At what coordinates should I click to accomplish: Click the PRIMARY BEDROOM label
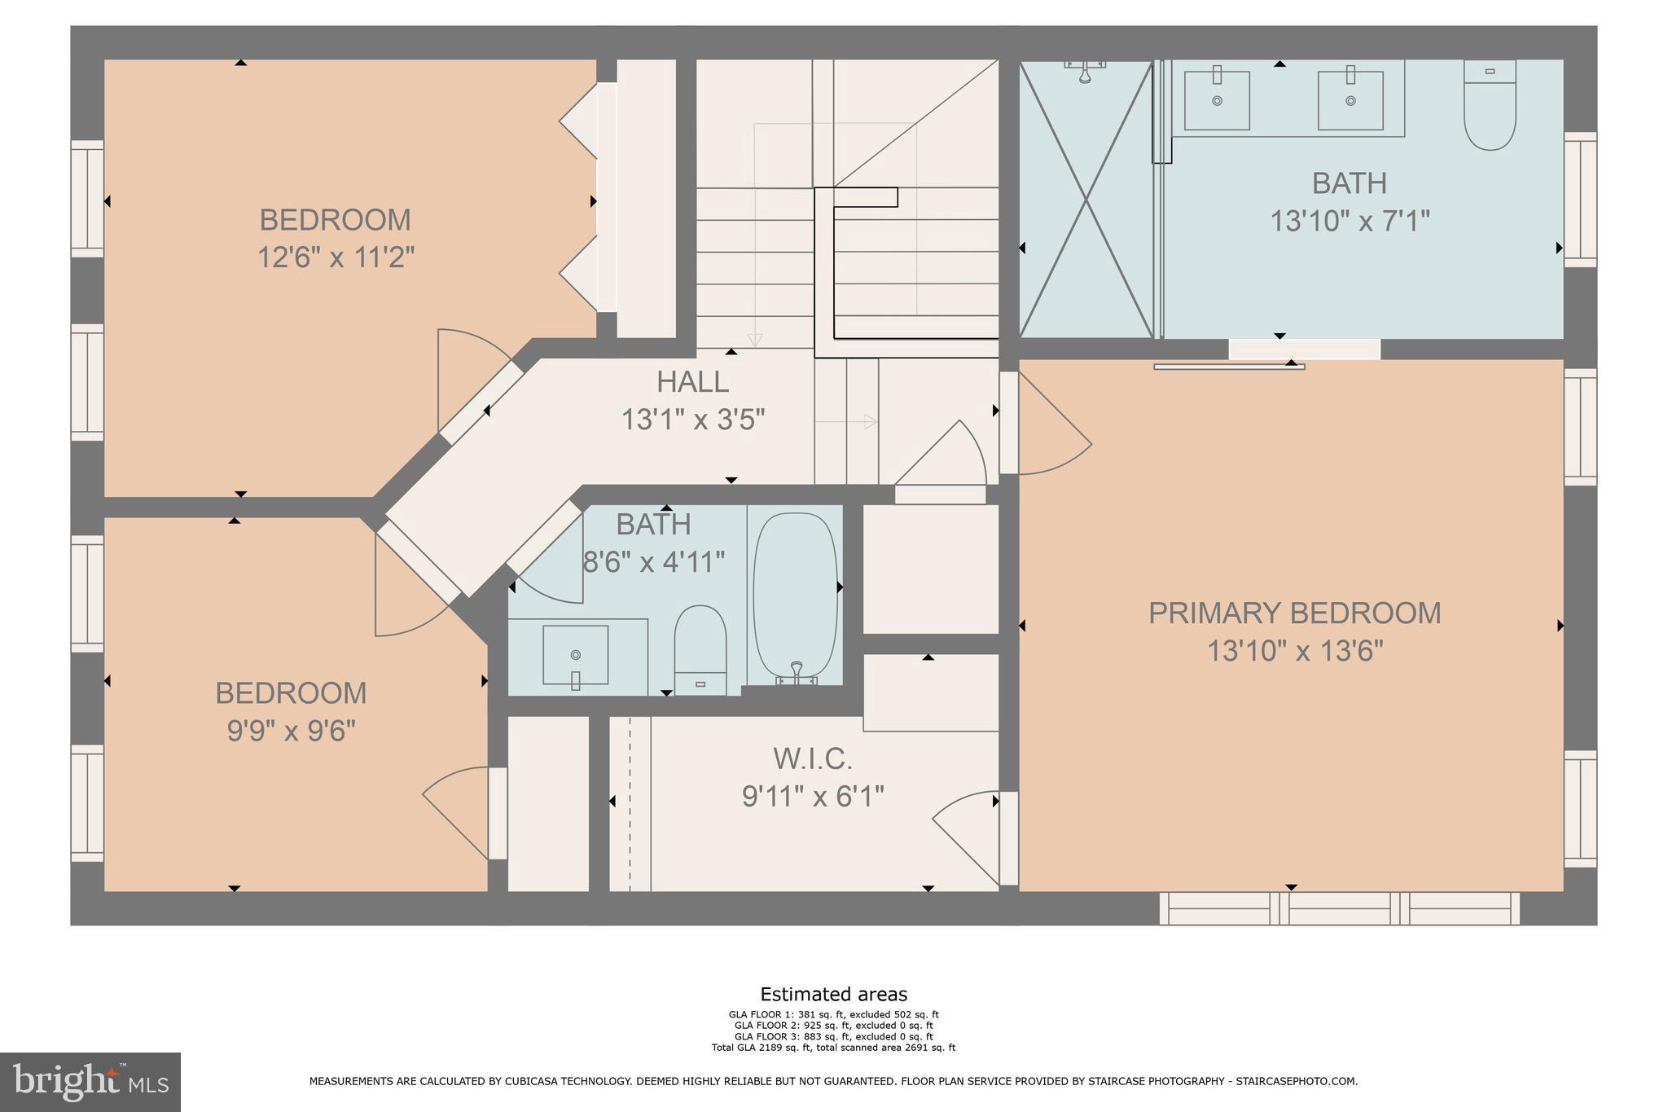point(1294,613)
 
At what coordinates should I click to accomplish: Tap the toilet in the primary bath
point(1490,106)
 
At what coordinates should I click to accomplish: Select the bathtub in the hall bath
point(795,595)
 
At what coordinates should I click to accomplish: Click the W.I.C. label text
point(813,759)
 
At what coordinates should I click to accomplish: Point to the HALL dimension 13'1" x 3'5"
point(693,420)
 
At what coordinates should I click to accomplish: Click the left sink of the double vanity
point(1217,100)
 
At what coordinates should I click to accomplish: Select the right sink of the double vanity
point(1350,100)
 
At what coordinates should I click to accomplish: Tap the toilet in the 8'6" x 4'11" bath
point(700,648)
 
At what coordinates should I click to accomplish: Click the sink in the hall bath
point(575,655)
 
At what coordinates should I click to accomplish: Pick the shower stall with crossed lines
point(1086,199)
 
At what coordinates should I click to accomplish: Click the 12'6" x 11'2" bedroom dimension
point(336,258)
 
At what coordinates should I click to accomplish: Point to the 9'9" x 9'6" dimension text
point(292,731)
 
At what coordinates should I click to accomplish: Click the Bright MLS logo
point(90,1082)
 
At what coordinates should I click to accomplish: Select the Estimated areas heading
point(833,994)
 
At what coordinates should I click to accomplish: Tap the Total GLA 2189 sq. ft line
point(833,1048)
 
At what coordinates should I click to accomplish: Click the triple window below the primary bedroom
point(1339,908)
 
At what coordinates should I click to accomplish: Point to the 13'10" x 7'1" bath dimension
point(1350,221)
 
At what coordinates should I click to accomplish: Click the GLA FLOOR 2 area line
point(833,1026)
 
